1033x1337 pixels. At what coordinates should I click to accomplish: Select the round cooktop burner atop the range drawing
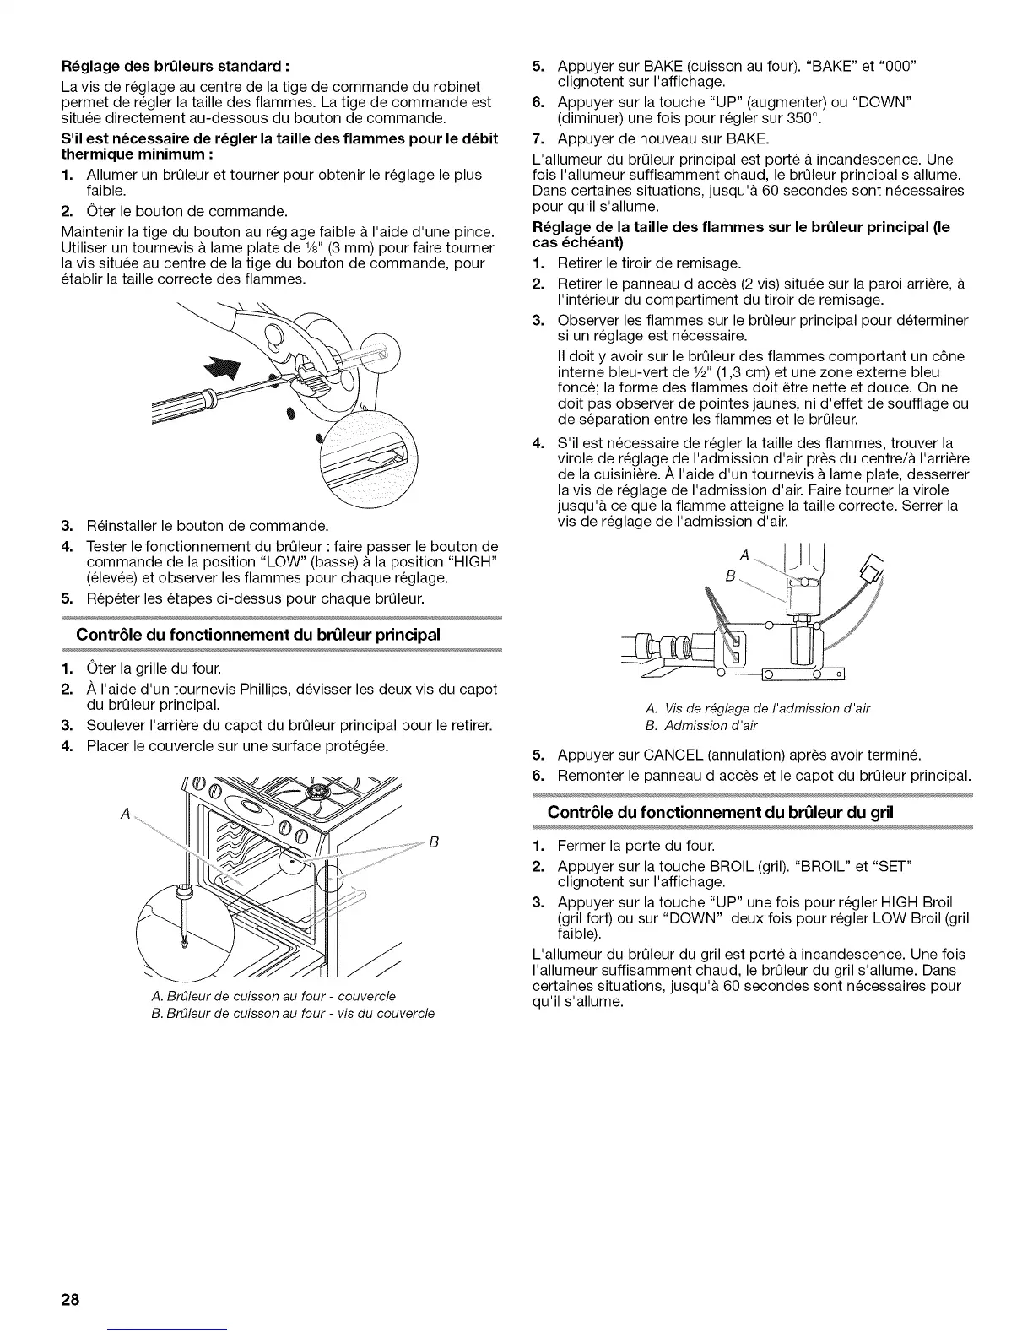[321, 791]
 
